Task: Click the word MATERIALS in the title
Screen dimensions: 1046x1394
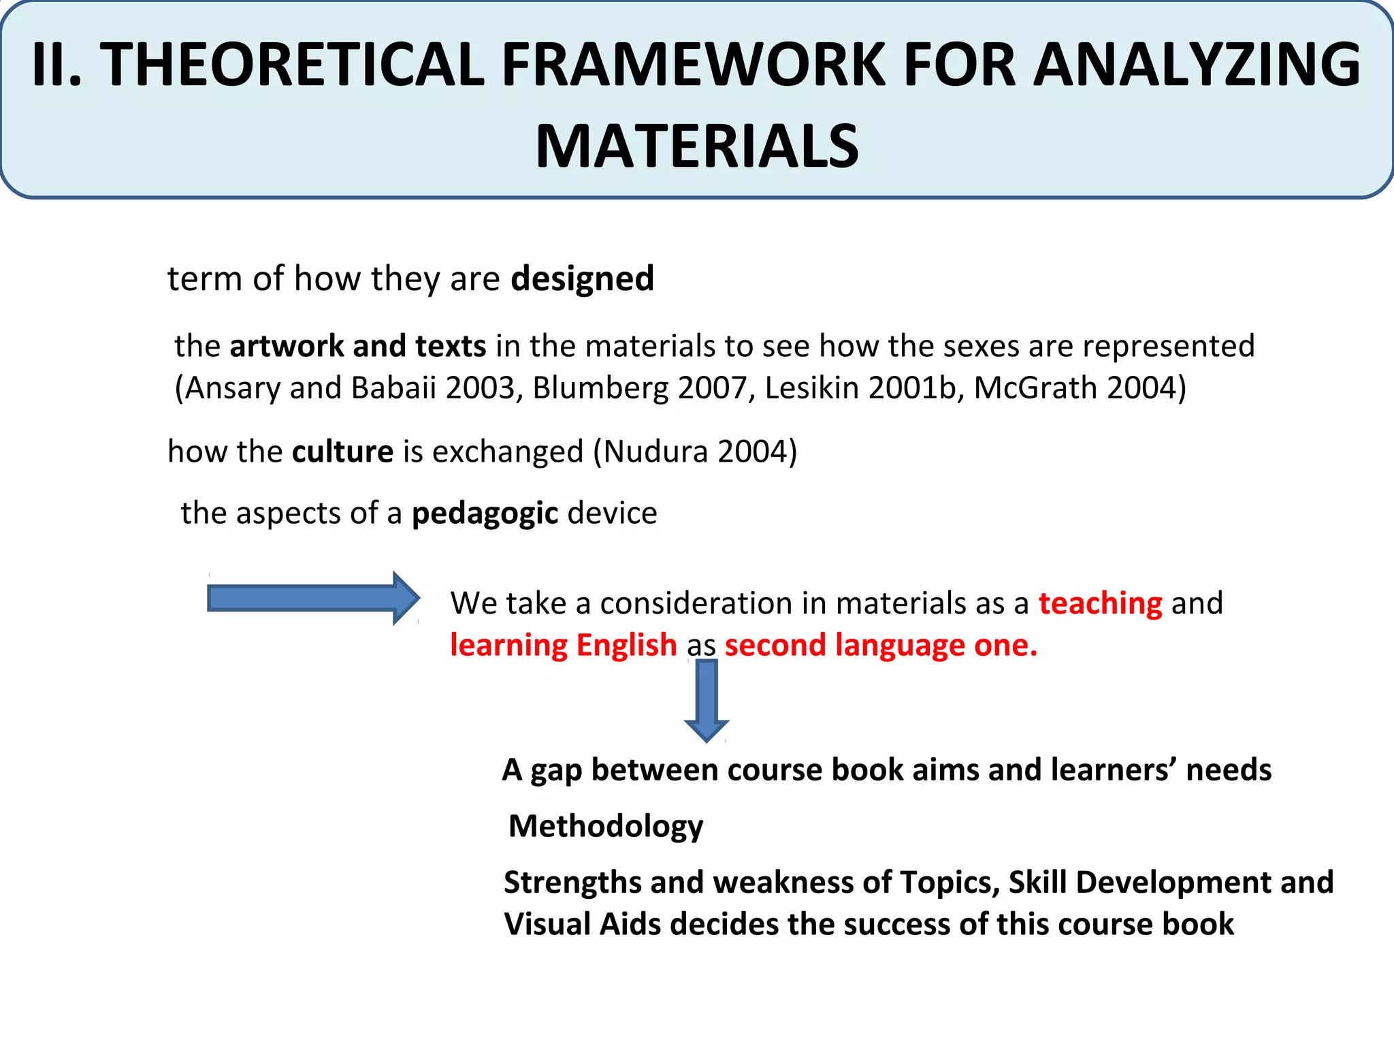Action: (697, 146)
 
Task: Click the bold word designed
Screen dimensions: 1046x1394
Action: (582, 279)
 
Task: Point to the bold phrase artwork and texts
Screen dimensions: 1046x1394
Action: (358, 346)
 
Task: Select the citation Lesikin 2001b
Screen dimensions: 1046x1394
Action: (860, 388)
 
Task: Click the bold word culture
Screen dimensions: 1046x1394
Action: (342, 451)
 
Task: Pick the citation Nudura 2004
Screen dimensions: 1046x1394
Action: (694, 451)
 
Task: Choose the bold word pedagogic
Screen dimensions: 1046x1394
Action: (485, 513)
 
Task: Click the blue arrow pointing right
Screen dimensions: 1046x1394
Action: (313, 599)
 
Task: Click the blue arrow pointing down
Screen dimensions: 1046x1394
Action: (707, 699)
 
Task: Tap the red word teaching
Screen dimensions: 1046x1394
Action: (1100, 603)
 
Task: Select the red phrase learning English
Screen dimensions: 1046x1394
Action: (563, 646)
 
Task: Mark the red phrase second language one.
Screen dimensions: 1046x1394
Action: (881, 646)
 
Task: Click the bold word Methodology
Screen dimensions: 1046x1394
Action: (606, 827)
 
